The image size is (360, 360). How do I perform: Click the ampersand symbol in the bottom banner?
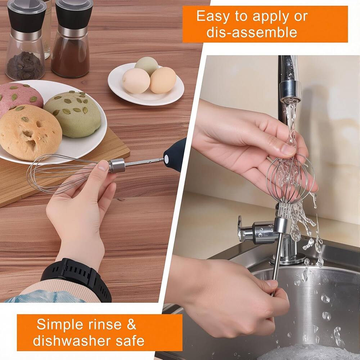pyautogui.click(x=131, y=324)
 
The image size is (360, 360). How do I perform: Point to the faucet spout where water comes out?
pyautogui.click(x=290, y=90)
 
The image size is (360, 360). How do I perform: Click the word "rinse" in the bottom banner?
pyautogui.click(x=105, y=324)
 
